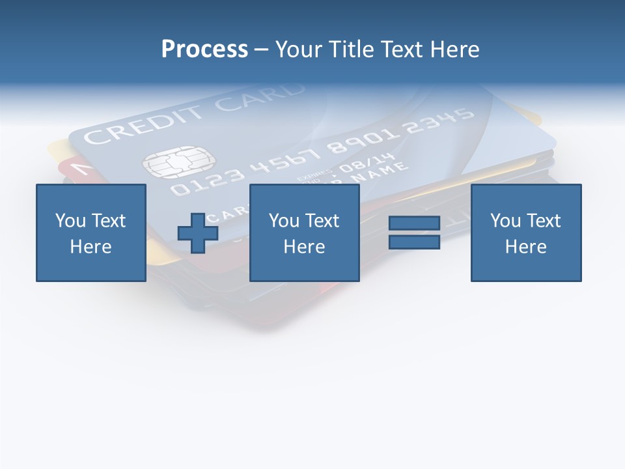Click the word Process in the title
(204, 50)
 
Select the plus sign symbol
(198, 233)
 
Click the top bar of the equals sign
(414, 223)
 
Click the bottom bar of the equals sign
(414, 242)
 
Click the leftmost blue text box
(91, 233)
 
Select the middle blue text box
(304, 233)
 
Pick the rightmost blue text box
(526, 233)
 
